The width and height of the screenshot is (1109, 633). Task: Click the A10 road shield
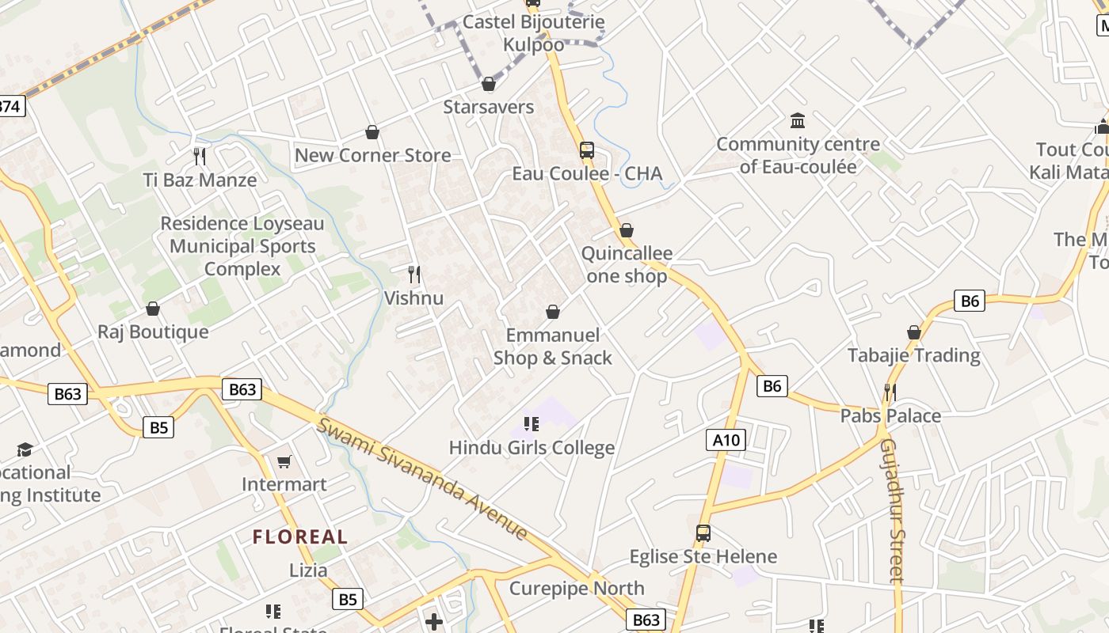coord(726,440)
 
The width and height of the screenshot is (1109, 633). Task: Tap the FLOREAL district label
coord(300,537)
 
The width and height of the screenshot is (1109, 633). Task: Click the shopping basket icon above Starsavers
coord(489,84)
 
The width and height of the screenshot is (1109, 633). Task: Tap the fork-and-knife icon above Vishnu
coord(413,275)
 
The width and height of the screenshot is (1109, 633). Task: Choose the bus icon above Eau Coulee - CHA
coord(586,150)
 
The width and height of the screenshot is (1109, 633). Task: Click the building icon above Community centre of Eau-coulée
coord(798,121)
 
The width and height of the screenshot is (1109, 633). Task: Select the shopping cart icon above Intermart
coord(284,461)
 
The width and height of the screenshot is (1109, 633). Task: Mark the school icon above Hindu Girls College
coord(532,424)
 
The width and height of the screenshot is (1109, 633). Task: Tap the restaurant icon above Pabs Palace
coord(890,392)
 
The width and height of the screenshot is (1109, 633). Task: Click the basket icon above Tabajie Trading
coord(914,332)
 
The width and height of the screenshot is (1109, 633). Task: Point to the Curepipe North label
coord(577,589)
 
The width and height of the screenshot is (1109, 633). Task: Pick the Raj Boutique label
coord(153,332)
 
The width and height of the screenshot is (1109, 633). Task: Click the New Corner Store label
coord(372,155)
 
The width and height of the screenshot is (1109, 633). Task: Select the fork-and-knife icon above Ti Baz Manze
coord(200,156)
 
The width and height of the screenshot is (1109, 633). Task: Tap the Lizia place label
coord(308,570)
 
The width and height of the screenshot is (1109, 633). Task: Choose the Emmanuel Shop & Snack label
coord(553,347)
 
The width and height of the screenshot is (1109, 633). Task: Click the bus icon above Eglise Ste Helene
coord(703,533)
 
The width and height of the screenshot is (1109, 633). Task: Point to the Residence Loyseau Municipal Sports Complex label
coord(242,246)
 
